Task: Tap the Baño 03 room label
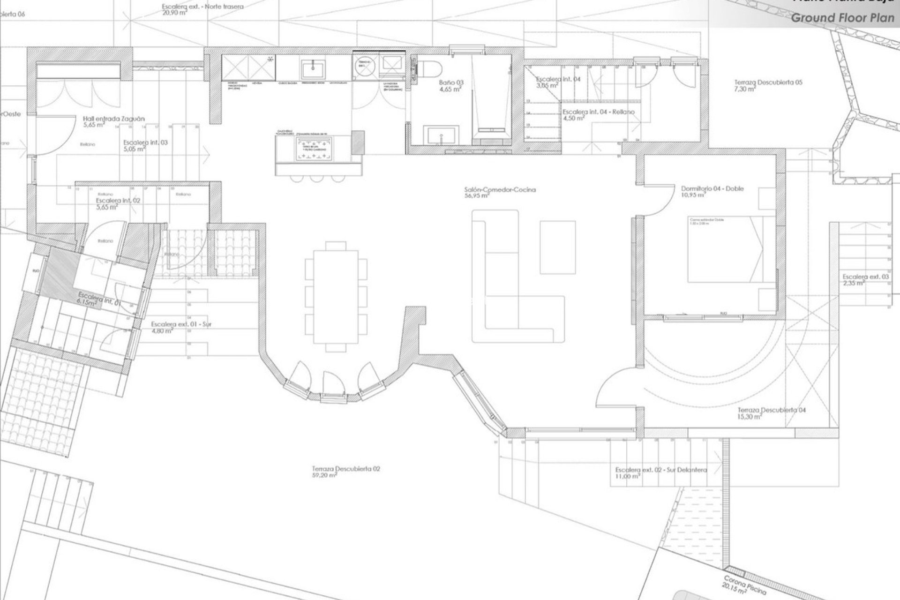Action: point(451,82)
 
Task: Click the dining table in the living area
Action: point(335,296)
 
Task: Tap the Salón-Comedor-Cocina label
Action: point(500,190)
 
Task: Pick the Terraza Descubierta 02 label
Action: point(346,468)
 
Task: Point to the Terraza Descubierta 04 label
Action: point(772,410)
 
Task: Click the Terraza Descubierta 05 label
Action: point(768,82)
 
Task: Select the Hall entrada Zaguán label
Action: point(114,119)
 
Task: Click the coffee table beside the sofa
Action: point(557,247)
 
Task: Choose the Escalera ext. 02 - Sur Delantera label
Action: point(661,470)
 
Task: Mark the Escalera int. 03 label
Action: point(145,142)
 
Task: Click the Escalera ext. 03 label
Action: point(865,277)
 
